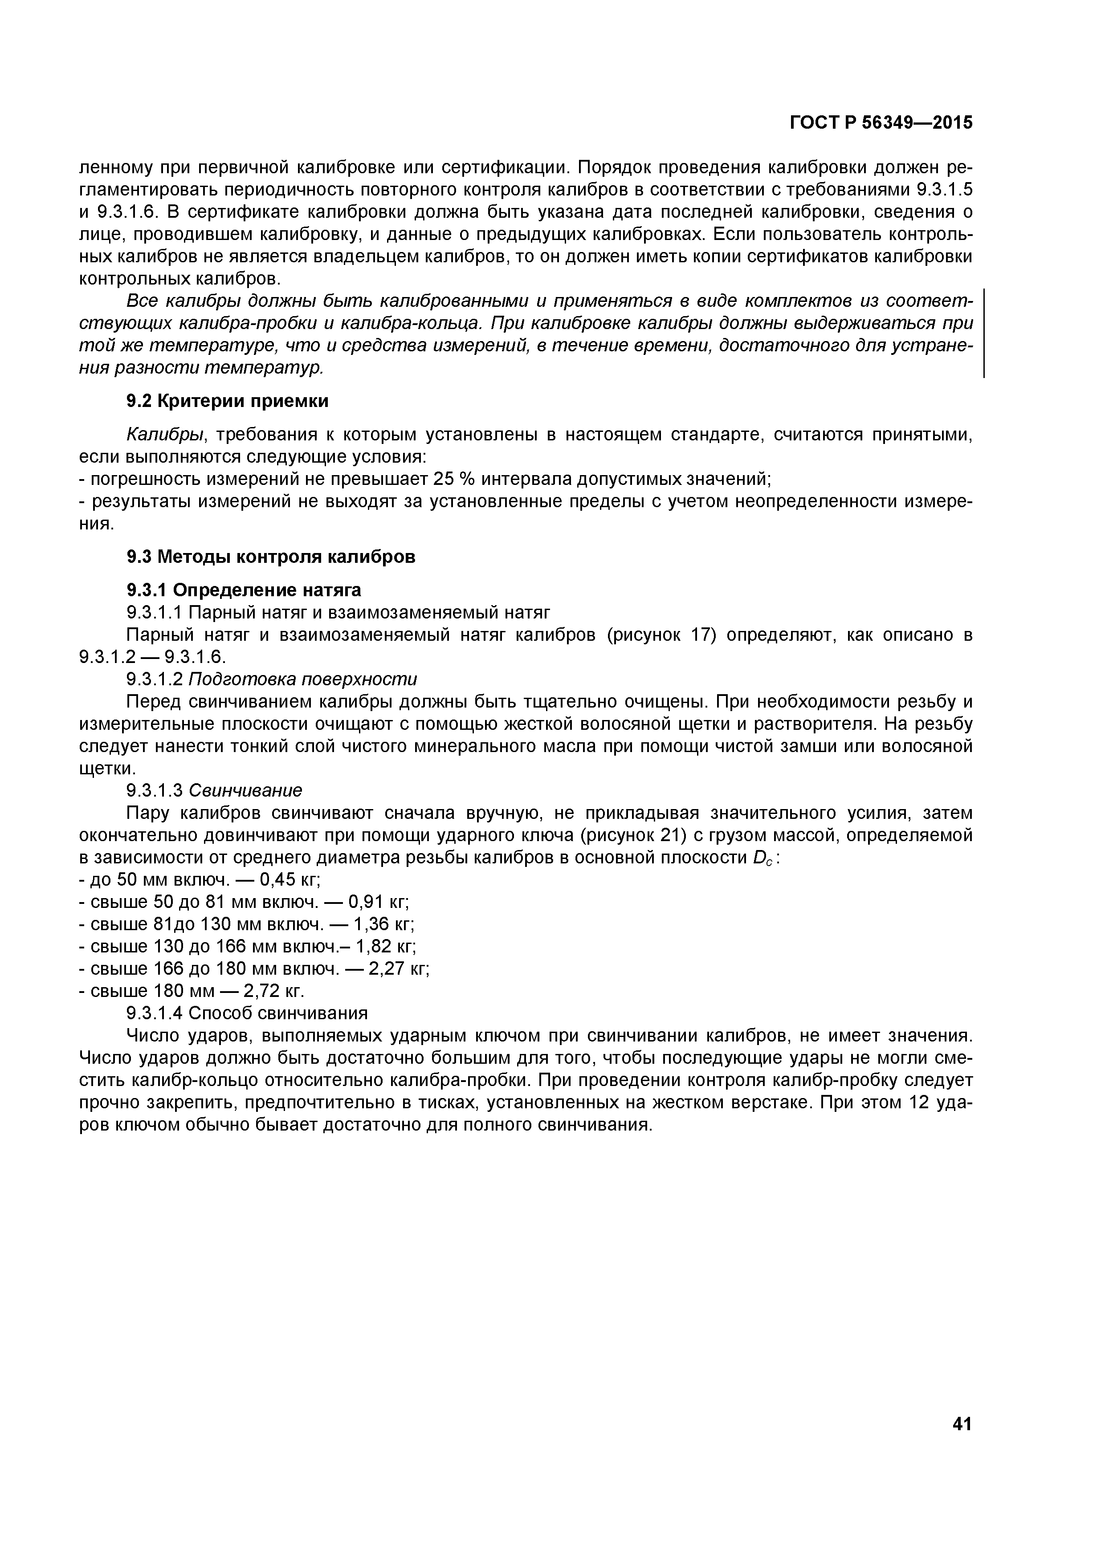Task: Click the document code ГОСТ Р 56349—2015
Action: click(881, 122)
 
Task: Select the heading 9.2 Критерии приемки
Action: click(227, 401)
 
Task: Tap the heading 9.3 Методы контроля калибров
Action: click(271, 557)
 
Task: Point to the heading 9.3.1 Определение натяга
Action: click(244, 589)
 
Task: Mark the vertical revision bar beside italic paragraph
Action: click(985, 334)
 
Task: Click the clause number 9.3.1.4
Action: click(155, 1014)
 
